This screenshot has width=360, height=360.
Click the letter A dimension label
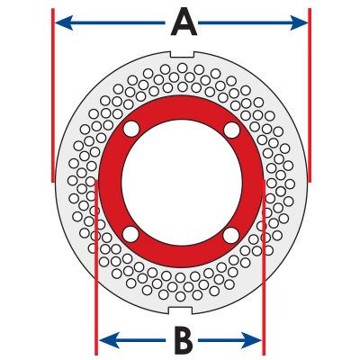tap(184, 22)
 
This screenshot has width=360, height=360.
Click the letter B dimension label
tap(184, 340)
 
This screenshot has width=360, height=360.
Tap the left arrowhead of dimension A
tap(64, 22)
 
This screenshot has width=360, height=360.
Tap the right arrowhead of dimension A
tap(299, 22)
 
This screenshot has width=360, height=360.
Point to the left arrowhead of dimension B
tap(109, 340)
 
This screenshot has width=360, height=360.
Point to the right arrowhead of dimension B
tap(252, 340)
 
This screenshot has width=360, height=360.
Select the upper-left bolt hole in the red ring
tap(131, 130)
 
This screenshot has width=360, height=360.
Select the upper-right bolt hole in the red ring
tap(231, 130)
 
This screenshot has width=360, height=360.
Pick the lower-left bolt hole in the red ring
tap(131, 234)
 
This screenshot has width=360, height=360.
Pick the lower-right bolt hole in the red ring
tap(231, 234)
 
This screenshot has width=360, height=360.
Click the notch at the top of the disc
tap(182, 54)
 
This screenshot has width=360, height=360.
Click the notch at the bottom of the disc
tap(180, 310)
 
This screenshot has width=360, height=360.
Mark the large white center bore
tap(182, 181)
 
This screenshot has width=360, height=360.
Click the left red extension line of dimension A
tap(53, 95)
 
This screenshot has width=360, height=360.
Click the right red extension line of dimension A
tap(310, 95)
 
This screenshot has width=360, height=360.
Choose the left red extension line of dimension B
tap(96, 267)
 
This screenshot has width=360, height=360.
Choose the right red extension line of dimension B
tap(264, 267)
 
